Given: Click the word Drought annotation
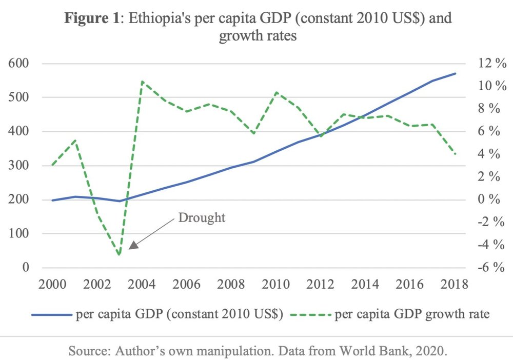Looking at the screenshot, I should (x=202, y=217).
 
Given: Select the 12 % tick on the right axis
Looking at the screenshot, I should (x=489, y=64).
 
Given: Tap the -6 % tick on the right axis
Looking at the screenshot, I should (x=488, y=268).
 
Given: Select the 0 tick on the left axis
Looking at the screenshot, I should (x=24, y=268).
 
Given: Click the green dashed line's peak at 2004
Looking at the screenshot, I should (x=142, y=81).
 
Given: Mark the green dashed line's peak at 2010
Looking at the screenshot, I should (x=277, y=92).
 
